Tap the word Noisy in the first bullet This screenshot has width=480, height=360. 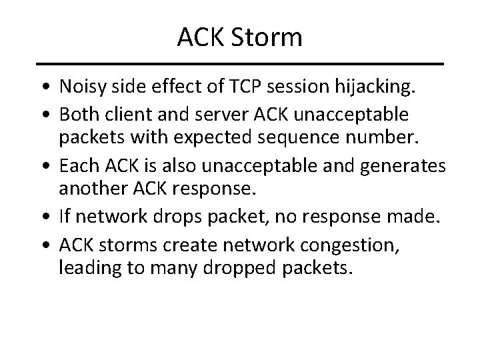point(81,87)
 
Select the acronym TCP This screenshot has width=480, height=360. point(227,87)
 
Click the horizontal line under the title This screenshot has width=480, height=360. point(240,64)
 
